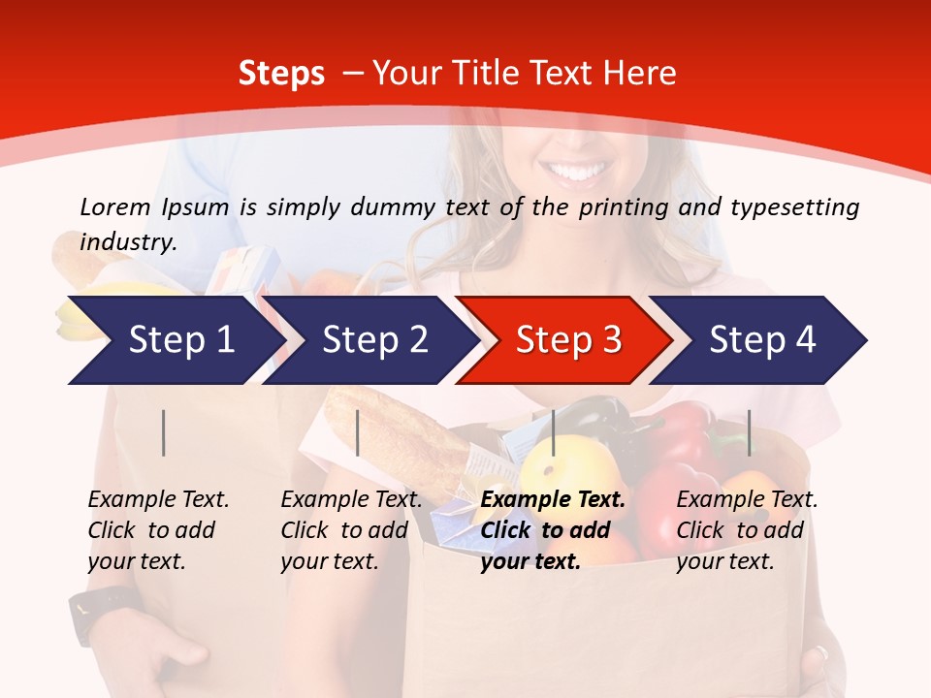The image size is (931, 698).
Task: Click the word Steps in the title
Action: coord(281,74)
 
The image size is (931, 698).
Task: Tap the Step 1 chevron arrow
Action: coord(175,340)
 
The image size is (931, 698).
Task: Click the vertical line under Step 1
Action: coord(164,432)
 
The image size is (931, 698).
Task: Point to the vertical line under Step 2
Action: coord(358,432)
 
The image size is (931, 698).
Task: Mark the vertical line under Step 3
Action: coord(553,432)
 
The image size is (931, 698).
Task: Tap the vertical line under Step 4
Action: coord(749,432)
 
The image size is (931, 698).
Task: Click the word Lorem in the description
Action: coord(115,206)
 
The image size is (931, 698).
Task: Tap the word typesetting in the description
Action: coord(794,207)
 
